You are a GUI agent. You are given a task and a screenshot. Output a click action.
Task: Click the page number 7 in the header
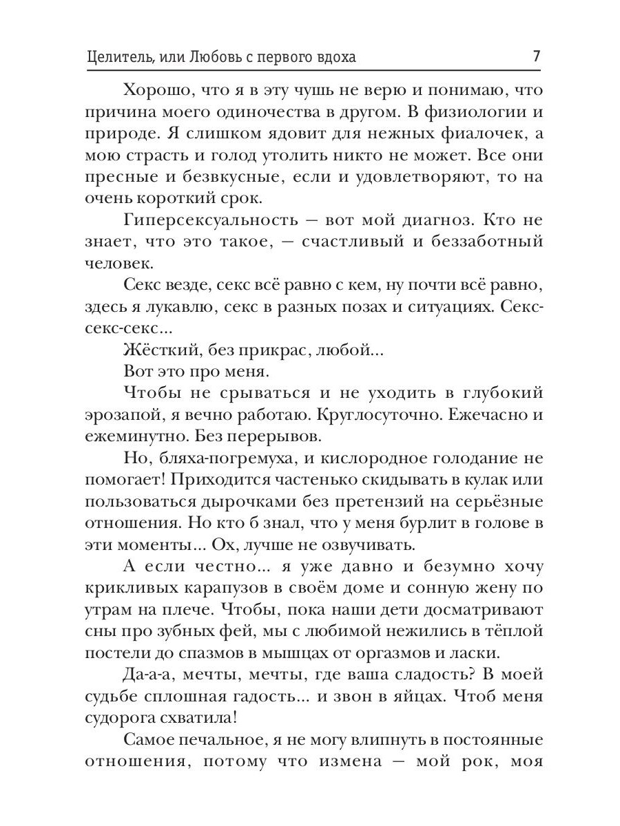coord(536,56)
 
